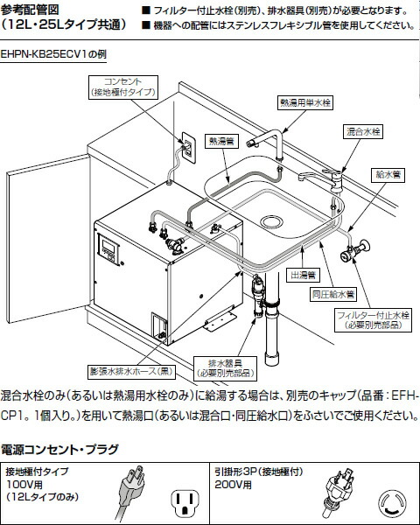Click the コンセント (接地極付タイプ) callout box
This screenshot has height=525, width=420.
click(123, 87)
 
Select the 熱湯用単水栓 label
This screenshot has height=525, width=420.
click(305, 102)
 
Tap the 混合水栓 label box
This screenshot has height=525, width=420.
click(363, 131)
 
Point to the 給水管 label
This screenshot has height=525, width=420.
click(388, 175)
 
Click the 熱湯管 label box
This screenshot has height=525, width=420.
click(221, 141)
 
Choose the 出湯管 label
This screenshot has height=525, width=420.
click(303, 275)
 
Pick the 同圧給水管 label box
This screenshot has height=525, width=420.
click(332, 294)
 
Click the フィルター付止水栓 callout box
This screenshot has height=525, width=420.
click(373, 319)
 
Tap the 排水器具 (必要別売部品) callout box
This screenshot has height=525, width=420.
click(225, 368)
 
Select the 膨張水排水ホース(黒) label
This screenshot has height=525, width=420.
click(132, 371)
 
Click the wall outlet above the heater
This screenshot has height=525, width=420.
click(189, 148)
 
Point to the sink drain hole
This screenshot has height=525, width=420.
click(271, 221)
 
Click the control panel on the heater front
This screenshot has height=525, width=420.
click(108, 249)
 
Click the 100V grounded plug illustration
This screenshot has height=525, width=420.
click(130, 492)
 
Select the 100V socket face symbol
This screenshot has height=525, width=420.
click(185, 502)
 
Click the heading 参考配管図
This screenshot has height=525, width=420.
click(30, 10)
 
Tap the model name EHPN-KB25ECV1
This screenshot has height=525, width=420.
click(44, 54)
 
